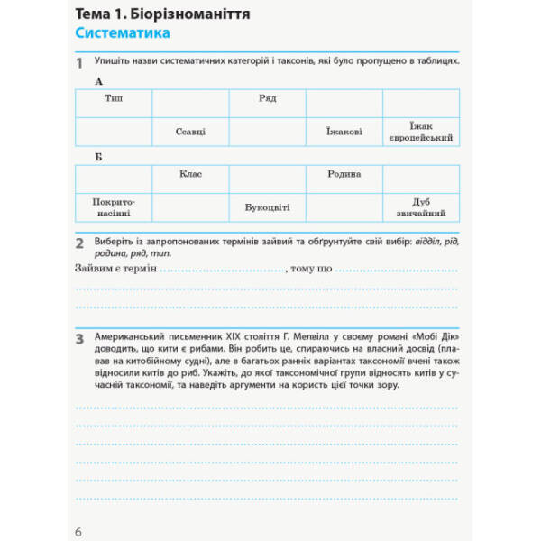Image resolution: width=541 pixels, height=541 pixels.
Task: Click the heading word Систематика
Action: click(x=123, y=34)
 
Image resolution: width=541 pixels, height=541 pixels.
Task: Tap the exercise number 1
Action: click(x=79, y=63)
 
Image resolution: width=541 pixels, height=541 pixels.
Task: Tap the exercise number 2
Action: click(x=79, y=243)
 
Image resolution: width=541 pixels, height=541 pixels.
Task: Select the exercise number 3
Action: click(x=79, y=339)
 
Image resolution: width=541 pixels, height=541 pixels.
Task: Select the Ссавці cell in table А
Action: click(x=190, y=132)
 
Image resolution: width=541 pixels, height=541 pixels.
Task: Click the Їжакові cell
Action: click(x=344, y=132)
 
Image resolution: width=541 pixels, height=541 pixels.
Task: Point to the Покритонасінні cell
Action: click(x=114, y=207)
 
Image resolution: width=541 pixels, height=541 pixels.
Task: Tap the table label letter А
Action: click(x=98, y=81)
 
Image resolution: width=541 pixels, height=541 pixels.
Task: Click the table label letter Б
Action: click(x=98, y=157)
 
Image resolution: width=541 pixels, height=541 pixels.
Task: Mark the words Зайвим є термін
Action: click(x=115, y=269)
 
